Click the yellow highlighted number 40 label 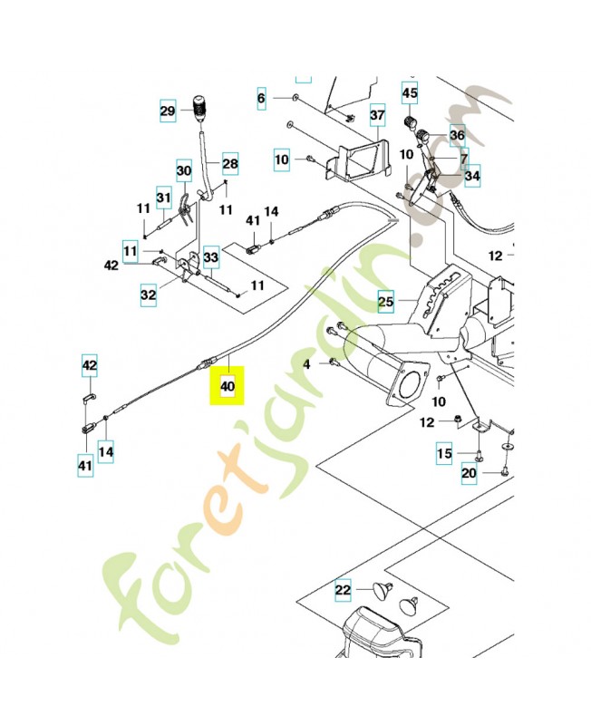(x=227, y=387)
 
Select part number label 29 (x=168, y=112)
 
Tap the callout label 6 (x=261, y=97)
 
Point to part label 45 (x=410, y=93)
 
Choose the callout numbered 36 (x=457, y=136)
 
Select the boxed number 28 (x=229, y=163)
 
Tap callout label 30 (x=183, y=169)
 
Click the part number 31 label (x=163, y=198)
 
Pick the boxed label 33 (x=211, y=258)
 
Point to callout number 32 (x=149, y=295)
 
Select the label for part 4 (x=307, y=363)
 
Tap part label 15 (x=444, y=453)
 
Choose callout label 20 (x=469, y=473)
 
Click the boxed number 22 (x=343, y=590)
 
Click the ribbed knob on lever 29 (x=200, y=102)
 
